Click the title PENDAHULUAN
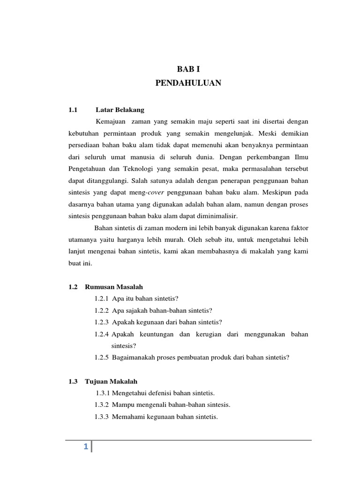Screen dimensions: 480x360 pyautogui.click(x=188, y=83)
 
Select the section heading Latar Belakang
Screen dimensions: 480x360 pyautogui.click(x=120, y=110)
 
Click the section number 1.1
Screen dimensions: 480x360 pyautogui.click(x=72, y=110)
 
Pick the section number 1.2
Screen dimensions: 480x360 pyautogui.click(x=72, y=286)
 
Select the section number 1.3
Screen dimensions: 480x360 pyautogui.click(x=72, y=381)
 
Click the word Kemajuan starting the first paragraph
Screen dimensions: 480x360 pyautogui.click(x=111, y=122)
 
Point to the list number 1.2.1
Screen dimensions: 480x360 pyautogui.click(x=102, y=299)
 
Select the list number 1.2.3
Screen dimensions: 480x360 pyautogui.click(x=102, y=322)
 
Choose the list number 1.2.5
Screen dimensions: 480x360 pyautogui.click(x=102, y=357)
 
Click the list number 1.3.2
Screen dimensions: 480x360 pyautogui.click(x=102, y=405)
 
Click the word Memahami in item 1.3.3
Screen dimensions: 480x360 pyautogui.click(x=127, y=416)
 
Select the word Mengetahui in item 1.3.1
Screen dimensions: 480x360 pyautogui.click(x=129, y=393)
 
